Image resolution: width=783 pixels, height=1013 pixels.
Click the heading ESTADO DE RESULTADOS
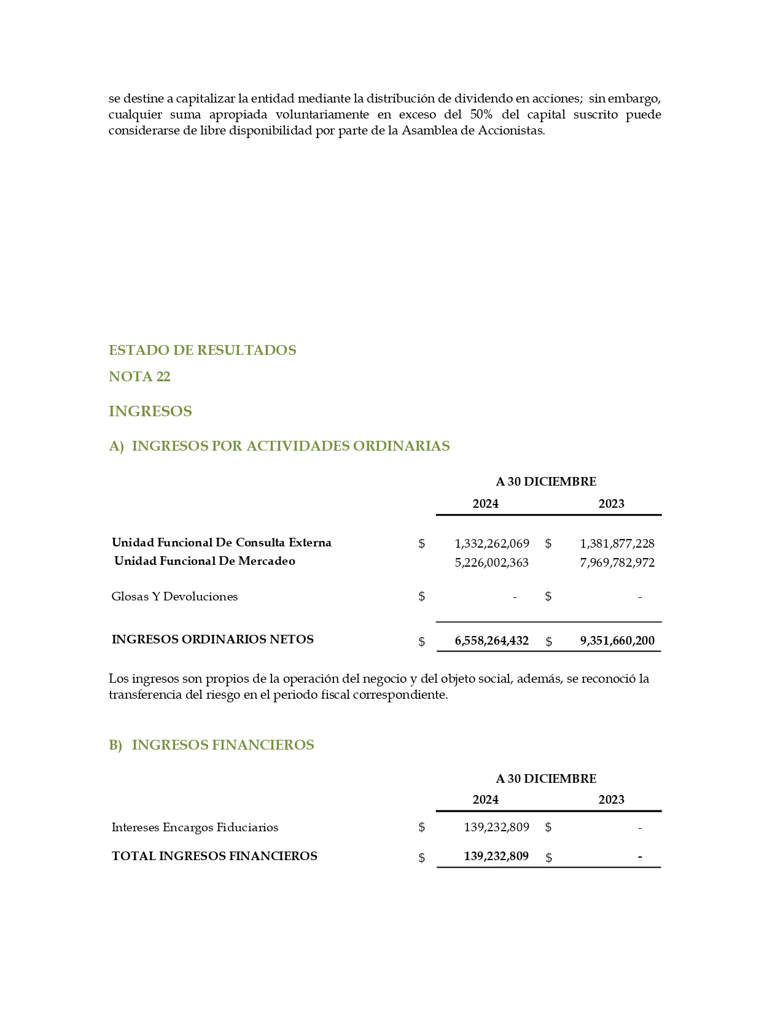click(202, 350)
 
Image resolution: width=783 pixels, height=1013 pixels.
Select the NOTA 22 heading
click(139, 376)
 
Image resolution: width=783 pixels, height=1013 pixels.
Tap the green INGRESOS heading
click(150, 411)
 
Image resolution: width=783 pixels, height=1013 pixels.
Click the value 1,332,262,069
click(491, 543)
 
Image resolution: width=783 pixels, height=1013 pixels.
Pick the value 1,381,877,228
click(617, 543)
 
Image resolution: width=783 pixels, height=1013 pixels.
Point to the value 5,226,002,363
click(491, 562)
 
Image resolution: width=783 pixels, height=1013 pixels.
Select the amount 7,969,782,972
click(617, 562)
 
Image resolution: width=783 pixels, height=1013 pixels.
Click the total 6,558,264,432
click(491, 640)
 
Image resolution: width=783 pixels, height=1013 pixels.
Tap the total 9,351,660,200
click(617, 640)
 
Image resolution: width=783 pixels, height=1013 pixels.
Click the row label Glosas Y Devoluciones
click(174, 596)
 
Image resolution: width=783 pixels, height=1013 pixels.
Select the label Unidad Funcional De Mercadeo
click(205, 561)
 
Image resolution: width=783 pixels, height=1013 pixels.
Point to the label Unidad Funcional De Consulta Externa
click(221, 542)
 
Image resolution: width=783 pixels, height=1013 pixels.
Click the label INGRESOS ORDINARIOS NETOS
click(212, 639)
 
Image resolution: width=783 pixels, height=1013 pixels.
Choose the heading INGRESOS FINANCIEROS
click(223, 745)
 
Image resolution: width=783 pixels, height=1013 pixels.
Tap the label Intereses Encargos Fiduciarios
click(195, 827)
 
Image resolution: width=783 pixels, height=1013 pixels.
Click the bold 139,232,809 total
click(496, 856)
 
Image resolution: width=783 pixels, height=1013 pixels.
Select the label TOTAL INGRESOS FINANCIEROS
click(214, 856)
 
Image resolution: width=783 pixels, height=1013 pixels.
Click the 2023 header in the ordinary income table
click(611, 503)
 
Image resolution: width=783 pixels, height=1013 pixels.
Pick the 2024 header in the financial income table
click(485, 799)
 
